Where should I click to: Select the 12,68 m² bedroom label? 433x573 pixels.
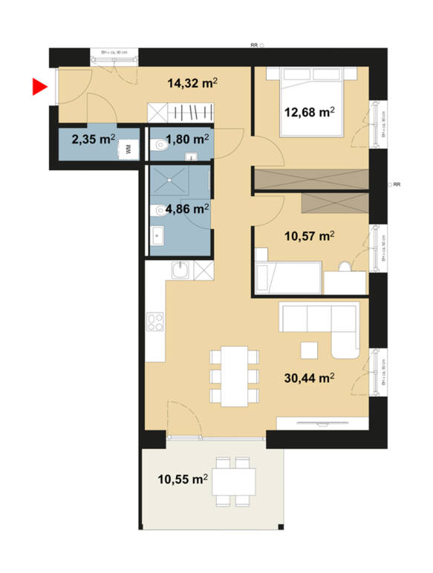(x=310, y=113)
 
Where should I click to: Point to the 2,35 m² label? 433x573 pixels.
(x=93, y=138)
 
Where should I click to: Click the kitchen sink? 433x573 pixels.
(x=179, y=272)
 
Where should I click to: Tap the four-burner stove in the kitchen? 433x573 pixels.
(x=155, y=322)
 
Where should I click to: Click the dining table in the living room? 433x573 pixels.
(x=234, y=376)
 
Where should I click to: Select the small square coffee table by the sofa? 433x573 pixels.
(x=310, y=349)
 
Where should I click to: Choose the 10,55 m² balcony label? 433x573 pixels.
(x=181, y=479)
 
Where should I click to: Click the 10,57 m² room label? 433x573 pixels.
(x=309, y=237)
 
